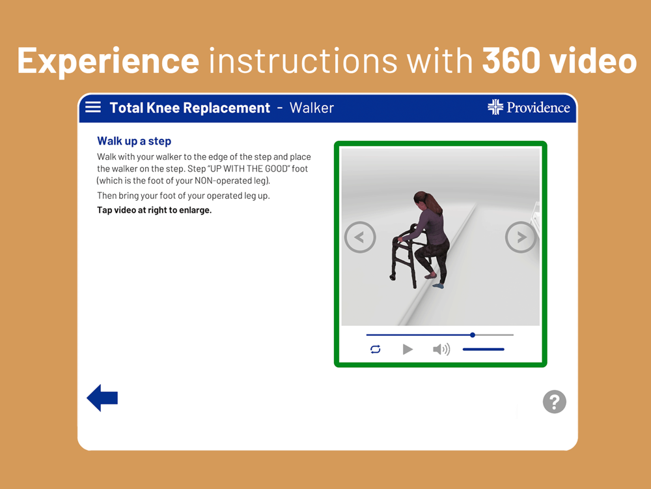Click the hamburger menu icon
(93, 108)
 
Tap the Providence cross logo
(495, 107)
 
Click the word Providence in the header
(538, 108)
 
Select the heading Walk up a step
(134, 141)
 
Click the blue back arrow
(102, 398)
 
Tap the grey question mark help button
(554, 402)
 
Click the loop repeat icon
(376, 349)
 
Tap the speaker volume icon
(441, 349)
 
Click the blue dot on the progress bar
(473, 334)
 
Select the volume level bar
(483, 349)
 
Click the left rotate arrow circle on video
(360, 237)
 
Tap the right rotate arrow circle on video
(521, 237)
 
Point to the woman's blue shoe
(438, 286)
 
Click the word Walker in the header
(312, 108)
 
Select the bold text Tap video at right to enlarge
(154, 211)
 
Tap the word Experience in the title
(108, 61)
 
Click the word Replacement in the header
(227, 108)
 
